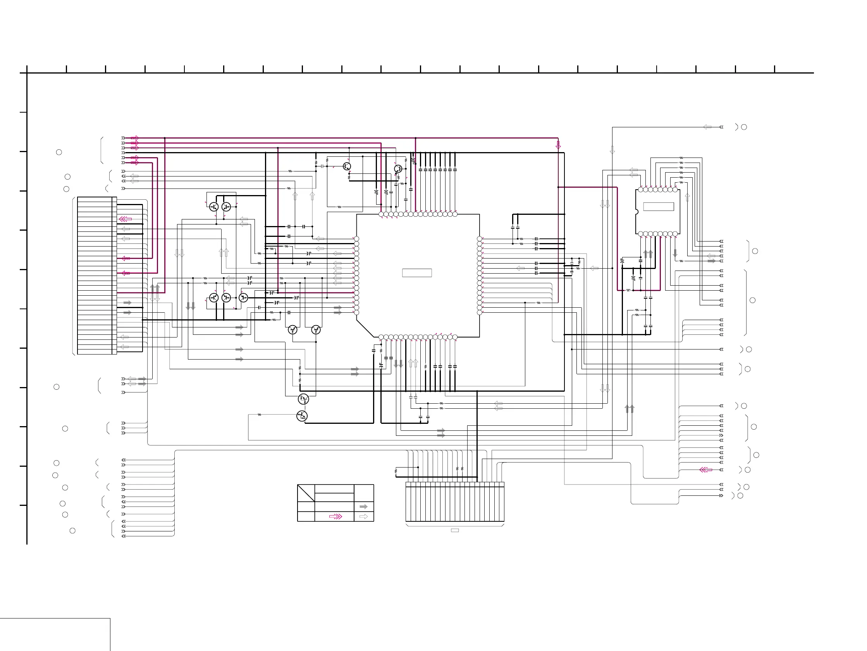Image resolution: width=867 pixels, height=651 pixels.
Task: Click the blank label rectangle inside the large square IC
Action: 416,272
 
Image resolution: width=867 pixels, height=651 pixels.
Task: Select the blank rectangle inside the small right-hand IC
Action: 658,206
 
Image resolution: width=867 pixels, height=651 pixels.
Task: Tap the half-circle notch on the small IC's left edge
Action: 636,212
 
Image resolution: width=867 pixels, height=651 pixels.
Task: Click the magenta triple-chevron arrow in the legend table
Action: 335,517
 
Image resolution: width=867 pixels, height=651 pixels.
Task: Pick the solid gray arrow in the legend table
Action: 363,507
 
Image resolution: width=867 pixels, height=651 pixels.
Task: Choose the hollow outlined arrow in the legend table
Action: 363,517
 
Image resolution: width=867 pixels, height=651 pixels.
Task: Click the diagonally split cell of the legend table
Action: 306,493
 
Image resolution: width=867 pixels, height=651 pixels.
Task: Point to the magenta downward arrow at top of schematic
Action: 558,145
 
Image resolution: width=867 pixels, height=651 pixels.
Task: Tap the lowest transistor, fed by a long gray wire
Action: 302,416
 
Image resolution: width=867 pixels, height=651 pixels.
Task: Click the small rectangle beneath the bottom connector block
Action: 455,530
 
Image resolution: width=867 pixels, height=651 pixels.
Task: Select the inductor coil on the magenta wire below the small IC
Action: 628,290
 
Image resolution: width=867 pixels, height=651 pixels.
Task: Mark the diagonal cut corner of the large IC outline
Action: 365,328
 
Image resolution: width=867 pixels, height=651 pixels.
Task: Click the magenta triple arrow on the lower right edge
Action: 705,469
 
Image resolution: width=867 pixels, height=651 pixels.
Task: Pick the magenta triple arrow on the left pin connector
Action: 126,219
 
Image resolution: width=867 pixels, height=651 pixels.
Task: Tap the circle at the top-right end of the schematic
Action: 744,127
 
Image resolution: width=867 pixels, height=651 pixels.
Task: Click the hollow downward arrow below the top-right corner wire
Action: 612,150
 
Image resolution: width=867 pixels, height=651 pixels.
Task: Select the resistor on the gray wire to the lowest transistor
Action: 259,415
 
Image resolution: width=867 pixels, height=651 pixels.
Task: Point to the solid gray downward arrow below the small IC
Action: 675,254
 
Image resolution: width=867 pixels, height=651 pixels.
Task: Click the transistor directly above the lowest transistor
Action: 303,399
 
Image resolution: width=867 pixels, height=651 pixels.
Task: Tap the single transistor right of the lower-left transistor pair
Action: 243,298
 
